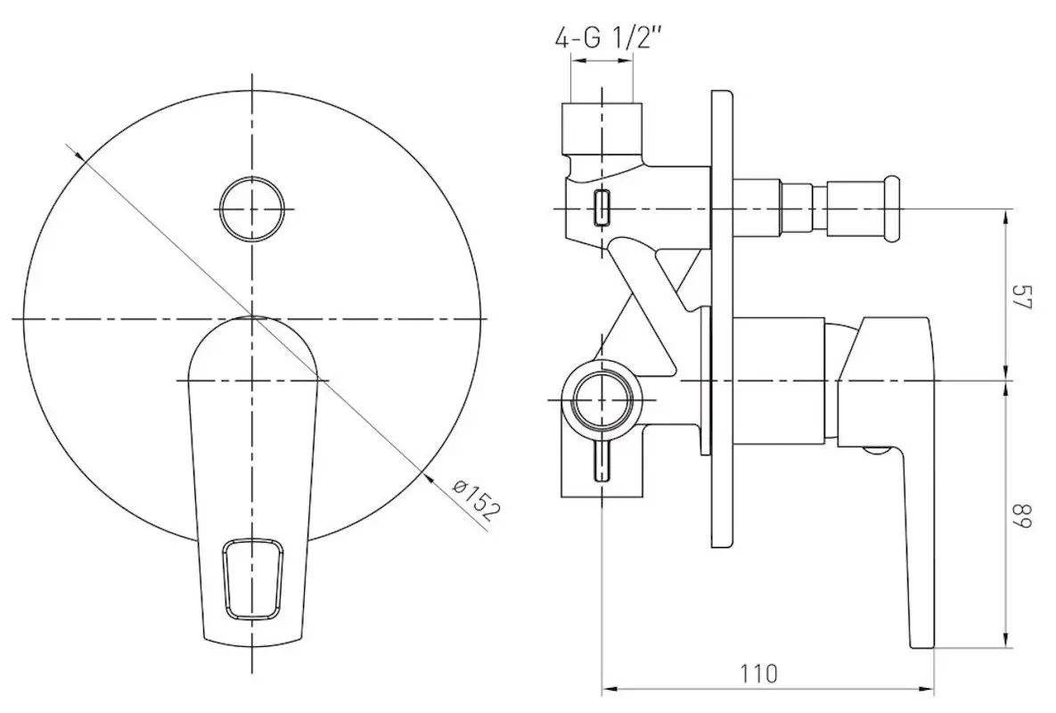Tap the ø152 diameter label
point(477,499)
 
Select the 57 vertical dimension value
point(1021,296)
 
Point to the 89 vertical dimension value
point(1021,515)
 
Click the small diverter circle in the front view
point(252,209)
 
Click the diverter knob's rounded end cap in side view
point(892,209)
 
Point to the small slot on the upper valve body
point(602,208)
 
